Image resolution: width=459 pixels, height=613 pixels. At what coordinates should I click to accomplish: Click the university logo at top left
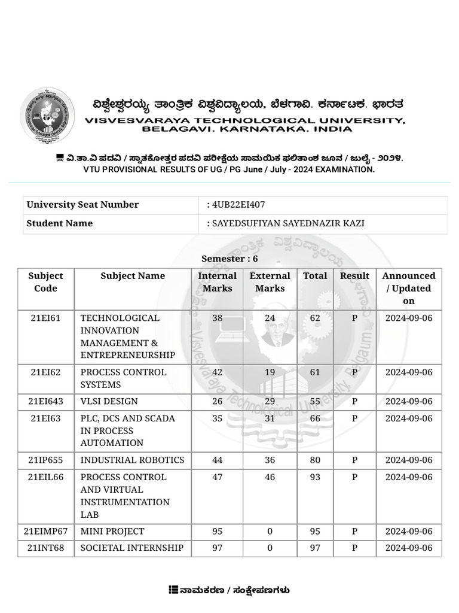pos(47,115)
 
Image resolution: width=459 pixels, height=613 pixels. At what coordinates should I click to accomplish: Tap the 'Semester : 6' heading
pos(229,259)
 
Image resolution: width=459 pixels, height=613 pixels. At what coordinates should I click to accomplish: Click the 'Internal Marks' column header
pos(218,282)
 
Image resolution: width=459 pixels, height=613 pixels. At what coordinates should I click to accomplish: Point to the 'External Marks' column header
pos(270,282)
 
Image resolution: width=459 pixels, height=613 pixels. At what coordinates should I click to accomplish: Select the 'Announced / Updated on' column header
pos(409,288)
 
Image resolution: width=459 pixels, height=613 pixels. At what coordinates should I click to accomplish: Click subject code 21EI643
pos(45,402)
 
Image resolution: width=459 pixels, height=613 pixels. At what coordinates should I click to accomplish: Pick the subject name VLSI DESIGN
pos(109,402)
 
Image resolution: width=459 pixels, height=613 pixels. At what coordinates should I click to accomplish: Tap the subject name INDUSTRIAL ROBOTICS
pos(132,460)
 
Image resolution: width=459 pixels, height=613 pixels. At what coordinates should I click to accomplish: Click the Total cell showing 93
pos(315,477)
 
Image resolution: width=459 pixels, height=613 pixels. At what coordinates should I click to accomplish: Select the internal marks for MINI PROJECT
pos(218,532)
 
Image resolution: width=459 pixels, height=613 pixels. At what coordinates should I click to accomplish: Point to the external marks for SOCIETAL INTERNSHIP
pos(270,548)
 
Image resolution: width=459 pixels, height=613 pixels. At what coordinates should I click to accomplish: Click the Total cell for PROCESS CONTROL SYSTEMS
pos(315,372)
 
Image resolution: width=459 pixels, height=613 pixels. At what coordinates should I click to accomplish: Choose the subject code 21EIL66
pos(45,477)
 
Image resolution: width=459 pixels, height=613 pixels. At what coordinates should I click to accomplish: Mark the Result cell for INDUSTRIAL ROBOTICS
pos(354,460)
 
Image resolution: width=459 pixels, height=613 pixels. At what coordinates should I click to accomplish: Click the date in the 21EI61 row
pos(409,318)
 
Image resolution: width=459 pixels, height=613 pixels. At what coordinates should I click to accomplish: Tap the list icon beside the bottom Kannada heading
pos(173,590)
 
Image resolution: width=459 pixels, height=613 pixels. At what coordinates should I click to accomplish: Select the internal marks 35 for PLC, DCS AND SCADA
pos(218,418)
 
